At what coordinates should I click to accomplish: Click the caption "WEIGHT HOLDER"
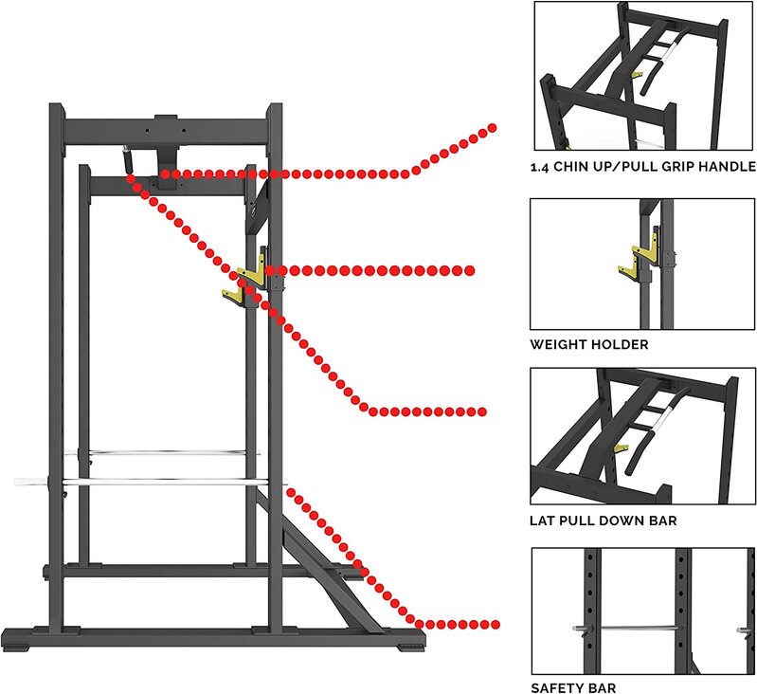point(589,344)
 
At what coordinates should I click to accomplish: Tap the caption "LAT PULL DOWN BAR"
point(603,520)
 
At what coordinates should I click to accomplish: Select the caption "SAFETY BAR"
point(573,687)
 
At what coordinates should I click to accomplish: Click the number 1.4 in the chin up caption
point(540,168)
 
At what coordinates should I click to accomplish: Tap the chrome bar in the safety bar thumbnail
point(637,628)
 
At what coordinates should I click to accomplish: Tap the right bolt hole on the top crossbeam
point(183,130)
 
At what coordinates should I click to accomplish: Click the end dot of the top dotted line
point(492,128)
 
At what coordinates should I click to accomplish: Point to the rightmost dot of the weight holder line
point(469,271)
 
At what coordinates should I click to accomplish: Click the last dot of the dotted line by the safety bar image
point(495,625)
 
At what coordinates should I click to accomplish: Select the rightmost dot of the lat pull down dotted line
point(482,412)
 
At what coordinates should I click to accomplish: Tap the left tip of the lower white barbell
point(16,481)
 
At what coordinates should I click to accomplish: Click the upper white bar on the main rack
point(163,453)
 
